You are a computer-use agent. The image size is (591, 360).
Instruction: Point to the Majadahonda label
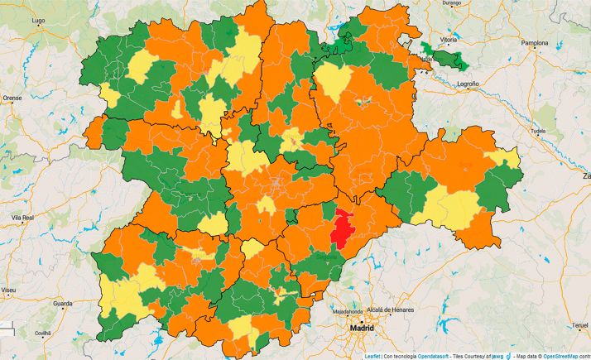[348, 312]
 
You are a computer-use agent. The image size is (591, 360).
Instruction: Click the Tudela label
[540, 131]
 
